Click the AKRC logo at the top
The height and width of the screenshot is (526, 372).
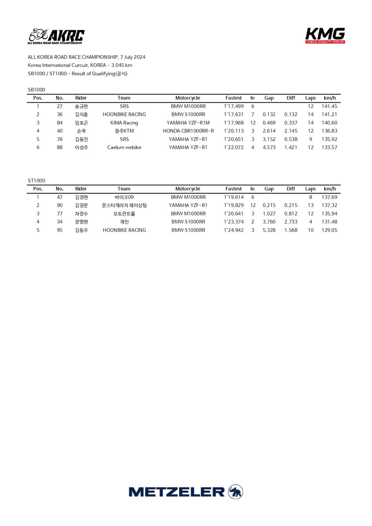(x=56, y=37)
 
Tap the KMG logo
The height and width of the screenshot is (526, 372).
(x=325, y=35)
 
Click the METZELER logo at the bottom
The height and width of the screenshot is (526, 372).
(x=186, y=492)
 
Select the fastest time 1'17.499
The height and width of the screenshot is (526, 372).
(x=233, y=106)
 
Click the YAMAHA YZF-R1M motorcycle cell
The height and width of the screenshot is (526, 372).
(x=188, y=123)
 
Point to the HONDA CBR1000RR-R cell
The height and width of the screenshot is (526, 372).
(x=188, y=131)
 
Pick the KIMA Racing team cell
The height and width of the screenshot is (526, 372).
(x=124, y=123)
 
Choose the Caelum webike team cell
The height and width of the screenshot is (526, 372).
(x=124, y=147)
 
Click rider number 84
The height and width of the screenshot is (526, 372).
(x=60, y=123)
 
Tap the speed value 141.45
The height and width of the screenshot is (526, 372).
(x=329, y=106)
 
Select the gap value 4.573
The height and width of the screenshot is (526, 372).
(x=269, y=147)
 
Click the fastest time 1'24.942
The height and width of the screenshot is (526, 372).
(x=233, y=230)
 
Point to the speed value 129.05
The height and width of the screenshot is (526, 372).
(x=329, y=230)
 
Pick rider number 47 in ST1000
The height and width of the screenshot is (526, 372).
(x=60, y=197)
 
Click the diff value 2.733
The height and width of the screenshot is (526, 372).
(x=290, y=222)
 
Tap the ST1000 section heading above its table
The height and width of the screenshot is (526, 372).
(x=36, y=180)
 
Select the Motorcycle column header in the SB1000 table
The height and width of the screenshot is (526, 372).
(x=188, y=98)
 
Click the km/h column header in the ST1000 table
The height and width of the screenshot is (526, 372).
(x=329, y=189)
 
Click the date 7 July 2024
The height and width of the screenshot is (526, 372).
(x=133, y=57)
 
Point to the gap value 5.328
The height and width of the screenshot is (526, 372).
(x=269, y=230)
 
